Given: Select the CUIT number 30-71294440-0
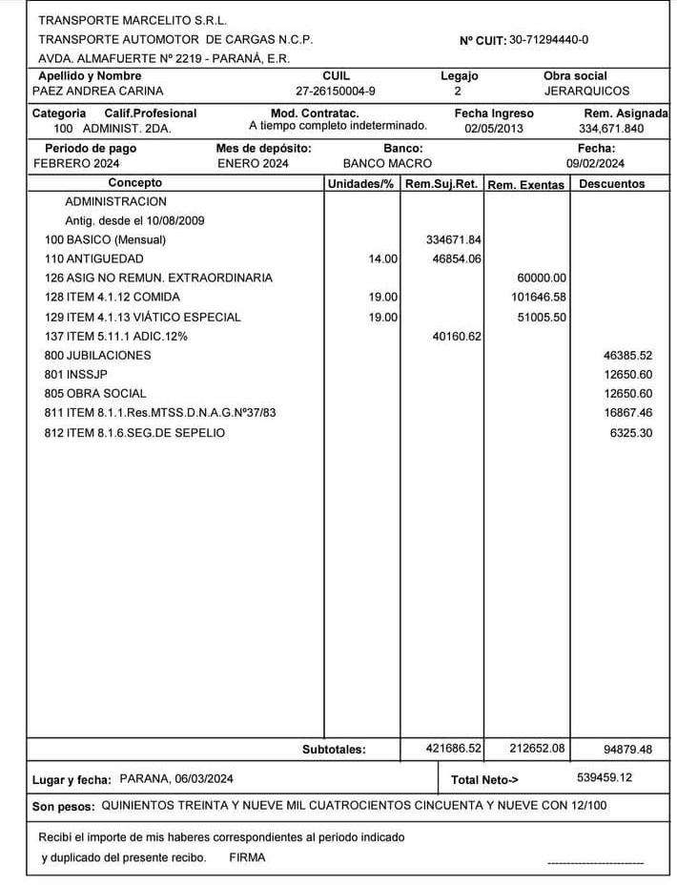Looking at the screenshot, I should click(x=548, y=39).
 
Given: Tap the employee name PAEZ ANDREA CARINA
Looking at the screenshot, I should click(x=98, y=92).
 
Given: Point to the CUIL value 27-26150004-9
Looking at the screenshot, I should click(x=336, y=92).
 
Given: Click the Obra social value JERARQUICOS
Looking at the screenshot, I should click(x=586, y=92).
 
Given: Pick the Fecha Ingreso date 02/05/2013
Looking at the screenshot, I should click(x=494, y=128).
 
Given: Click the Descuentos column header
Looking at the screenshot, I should click(x=611, y=184).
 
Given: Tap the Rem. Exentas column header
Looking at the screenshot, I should click(x=525, y=185).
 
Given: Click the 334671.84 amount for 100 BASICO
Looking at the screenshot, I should click(x=454, y=240).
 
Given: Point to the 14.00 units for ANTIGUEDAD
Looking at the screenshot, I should click(x=383, y=259).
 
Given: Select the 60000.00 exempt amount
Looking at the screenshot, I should click(x=542, y=278).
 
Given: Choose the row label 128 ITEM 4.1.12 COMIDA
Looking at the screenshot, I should click(x=113, y=298).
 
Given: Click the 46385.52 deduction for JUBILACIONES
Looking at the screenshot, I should click(x=627, y=356).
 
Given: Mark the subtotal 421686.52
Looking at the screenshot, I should click(x=454, y=750).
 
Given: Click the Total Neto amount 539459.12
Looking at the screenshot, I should click(x=605, y=778).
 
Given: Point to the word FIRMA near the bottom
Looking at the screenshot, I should click(x=247, y=857).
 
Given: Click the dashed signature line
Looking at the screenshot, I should click(x=595, y=863).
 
